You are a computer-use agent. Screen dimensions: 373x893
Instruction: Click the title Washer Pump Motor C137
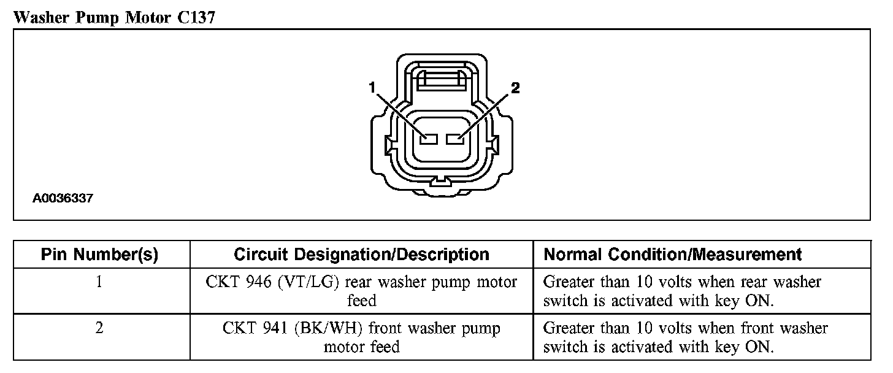click(114, 18)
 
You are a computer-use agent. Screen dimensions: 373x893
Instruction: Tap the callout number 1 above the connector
click(372, 88)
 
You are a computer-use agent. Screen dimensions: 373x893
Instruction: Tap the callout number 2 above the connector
click(515, 88)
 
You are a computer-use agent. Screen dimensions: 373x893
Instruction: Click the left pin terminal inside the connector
click(427, 140)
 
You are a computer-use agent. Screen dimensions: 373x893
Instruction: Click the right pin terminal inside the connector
click(456, 140)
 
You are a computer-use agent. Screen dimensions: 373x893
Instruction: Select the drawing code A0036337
click(63, 199)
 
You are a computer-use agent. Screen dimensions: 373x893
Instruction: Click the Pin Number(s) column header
click(99, 255)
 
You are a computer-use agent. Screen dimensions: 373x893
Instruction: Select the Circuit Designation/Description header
click(361, 255)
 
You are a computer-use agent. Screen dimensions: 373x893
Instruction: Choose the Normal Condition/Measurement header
click(673, 255)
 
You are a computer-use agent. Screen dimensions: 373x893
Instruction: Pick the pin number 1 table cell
click(99, 282)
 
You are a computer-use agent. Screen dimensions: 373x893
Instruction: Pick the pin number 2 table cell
click(99, 328)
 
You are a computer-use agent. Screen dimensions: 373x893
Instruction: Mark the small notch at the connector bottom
click(441, 182)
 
